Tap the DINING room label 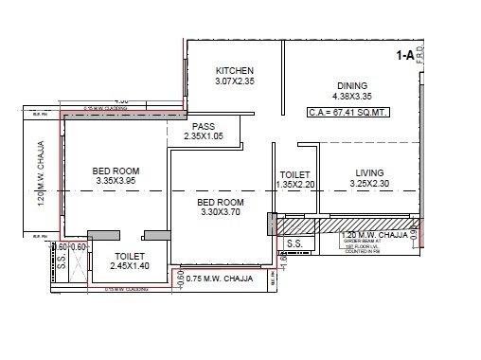tap(352, 83)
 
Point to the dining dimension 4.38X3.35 tap(351, 96)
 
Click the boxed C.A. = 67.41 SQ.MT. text tap(348, 113)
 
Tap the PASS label tap(203, 127)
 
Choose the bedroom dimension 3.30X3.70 tap(221, 214)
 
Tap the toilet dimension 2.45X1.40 tap(129, 268)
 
